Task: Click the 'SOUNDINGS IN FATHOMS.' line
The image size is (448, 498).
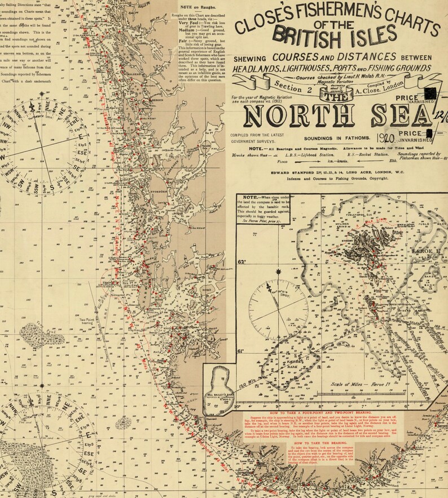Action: tap(337, 138)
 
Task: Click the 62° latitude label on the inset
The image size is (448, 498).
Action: tap(242, 262)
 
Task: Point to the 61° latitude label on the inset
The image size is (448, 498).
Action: tap(241, 351)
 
